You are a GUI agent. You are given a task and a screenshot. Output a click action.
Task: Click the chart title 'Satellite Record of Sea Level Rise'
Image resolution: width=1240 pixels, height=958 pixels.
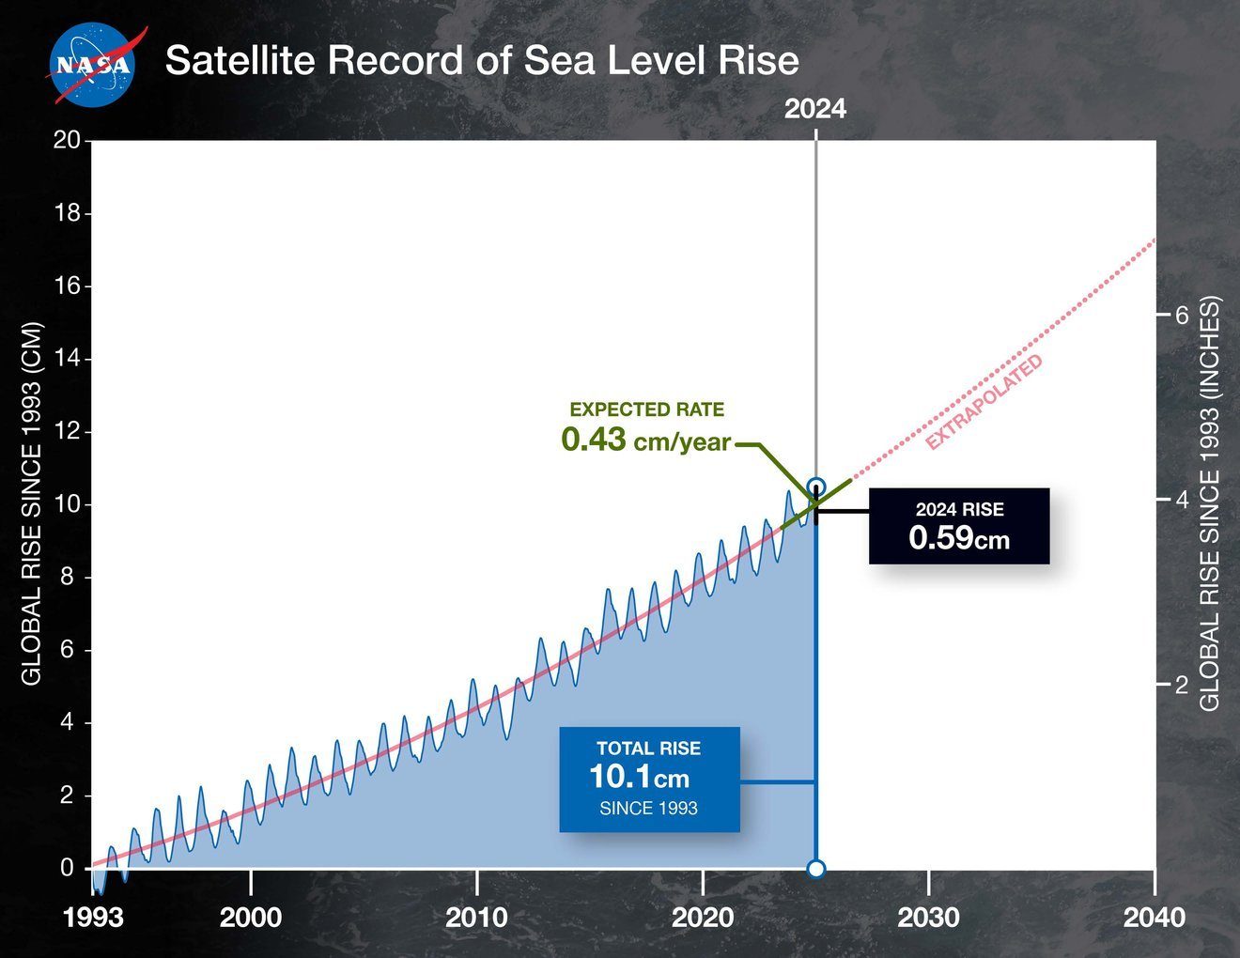[x=482, y=61]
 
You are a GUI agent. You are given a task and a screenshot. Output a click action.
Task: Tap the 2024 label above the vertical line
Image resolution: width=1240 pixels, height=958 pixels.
[x=815, y=109]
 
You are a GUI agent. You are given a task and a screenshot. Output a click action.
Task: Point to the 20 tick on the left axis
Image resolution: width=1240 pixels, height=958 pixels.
[x=66, y=141]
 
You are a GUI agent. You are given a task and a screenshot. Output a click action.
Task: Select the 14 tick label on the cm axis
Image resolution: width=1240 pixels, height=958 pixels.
[x=66, y=360]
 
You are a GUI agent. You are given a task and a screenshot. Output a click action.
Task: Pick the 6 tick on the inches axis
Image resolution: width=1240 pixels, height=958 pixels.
[x=1181, y=316]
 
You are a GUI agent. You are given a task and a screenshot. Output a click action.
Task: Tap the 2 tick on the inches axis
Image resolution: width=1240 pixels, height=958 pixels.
[x=1181, y=685]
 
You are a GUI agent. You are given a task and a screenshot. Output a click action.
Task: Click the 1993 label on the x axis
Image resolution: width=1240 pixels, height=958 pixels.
[x=93, y=917]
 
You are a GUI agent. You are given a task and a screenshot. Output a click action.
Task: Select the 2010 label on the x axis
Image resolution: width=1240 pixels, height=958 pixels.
[x=477, y=917]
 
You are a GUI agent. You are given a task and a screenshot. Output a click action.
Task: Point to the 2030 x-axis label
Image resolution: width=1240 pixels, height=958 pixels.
[x=928, y=917]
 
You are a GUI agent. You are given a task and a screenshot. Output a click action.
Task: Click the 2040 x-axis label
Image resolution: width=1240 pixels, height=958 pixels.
[x=1154, y=917]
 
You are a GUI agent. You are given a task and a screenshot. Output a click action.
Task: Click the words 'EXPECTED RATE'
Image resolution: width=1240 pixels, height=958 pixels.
[x=647, y=409]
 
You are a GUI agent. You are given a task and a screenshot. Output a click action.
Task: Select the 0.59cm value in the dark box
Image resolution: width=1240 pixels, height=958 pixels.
[x=959, y=538]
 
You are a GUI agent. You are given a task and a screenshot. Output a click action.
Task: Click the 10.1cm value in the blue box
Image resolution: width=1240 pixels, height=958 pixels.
[x=640, y=777]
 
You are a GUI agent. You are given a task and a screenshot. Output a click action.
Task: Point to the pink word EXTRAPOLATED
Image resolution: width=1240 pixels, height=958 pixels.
[x=984, y=402]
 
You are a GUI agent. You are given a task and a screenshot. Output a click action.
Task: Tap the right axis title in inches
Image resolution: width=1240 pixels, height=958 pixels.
[x=1210, y=504]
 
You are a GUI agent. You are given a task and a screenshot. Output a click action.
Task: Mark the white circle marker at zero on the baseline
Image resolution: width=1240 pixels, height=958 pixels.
[x=816, y=869]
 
